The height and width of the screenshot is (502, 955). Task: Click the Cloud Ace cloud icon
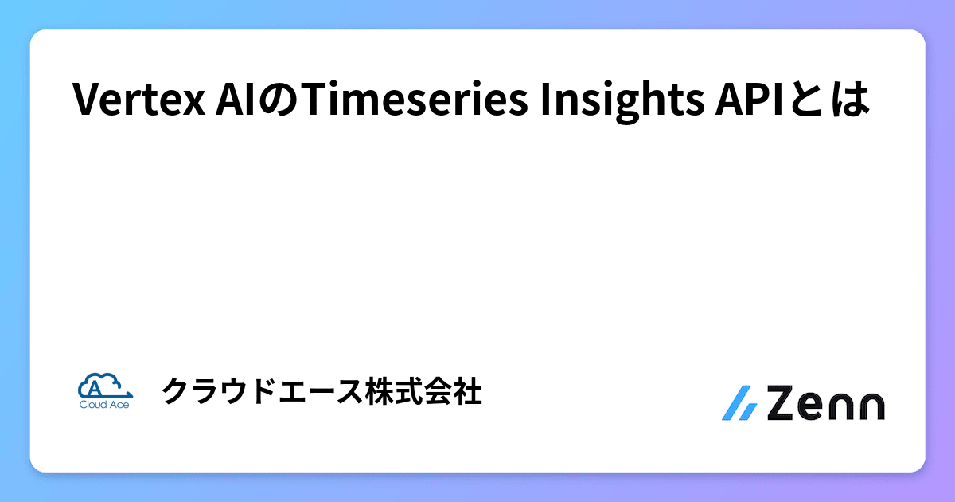point(103,386)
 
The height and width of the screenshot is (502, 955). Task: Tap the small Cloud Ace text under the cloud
point(103,405)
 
